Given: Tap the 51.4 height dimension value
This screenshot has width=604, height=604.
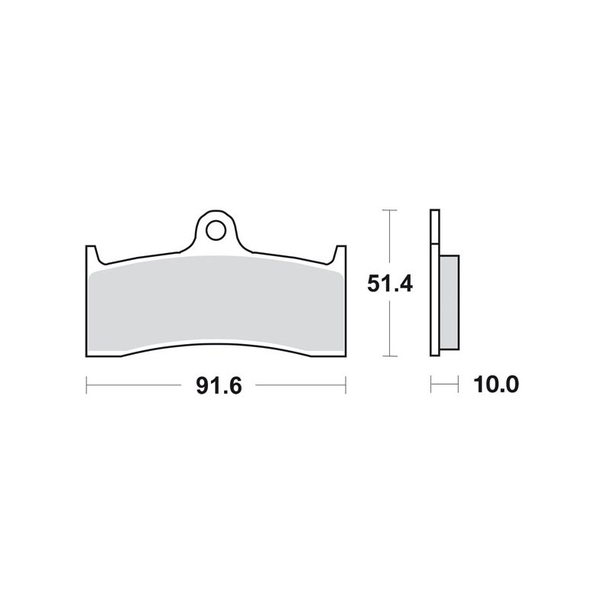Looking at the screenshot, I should click(391, 284).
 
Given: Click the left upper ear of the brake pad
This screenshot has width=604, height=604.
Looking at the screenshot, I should click(90, 251).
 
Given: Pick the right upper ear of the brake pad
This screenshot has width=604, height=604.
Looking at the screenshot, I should click(342, 251).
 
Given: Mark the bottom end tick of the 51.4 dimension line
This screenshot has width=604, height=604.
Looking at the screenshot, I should click(391, 356).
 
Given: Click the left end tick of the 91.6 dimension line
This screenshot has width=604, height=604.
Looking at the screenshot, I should click(86, 385).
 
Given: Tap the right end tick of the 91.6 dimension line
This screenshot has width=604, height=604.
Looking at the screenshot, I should click(346, 385).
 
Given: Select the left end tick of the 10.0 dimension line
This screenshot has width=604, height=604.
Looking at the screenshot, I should click(431, 385).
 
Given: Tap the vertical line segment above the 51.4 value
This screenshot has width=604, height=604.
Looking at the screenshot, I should click(391, 237).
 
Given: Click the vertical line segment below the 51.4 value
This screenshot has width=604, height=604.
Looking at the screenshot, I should click(391, 329).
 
